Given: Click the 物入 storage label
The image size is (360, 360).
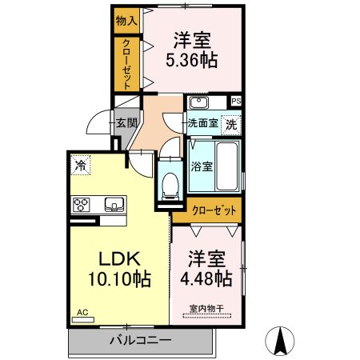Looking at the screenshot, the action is pos(126,21).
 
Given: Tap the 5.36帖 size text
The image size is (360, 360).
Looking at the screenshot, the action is pos(192,60).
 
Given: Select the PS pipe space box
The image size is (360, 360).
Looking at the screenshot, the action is pos(236,101).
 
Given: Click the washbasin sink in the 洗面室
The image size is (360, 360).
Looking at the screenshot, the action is pos(198,102).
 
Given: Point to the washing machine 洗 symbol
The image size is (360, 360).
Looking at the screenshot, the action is pos(231,124).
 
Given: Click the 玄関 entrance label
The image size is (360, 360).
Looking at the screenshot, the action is pos(127,123).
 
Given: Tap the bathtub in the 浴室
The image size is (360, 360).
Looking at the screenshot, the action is pos(226,166).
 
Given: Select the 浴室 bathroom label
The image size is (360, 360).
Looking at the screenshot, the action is pos(202,166).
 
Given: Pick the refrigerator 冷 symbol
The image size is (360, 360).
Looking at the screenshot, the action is pos(81,165).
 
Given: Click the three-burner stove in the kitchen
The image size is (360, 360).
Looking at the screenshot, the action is pos(81,205).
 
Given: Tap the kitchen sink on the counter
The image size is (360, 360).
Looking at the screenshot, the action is pos(114,205).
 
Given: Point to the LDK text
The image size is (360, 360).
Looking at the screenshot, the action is pos(119,258).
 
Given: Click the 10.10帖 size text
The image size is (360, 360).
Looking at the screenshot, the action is pos(119,278).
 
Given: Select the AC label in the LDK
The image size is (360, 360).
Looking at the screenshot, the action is pos(82,313).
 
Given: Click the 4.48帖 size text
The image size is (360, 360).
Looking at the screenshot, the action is pos(206,278).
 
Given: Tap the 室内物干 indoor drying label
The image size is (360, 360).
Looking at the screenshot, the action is pos(206,309).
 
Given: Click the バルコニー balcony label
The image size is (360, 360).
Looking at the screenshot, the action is pos(140,341).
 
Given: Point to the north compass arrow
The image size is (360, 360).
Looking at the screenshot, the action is pos(280,341).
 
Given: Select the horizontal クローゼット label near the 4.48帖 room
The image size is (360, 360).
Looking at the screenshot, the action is pos(214,210).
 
